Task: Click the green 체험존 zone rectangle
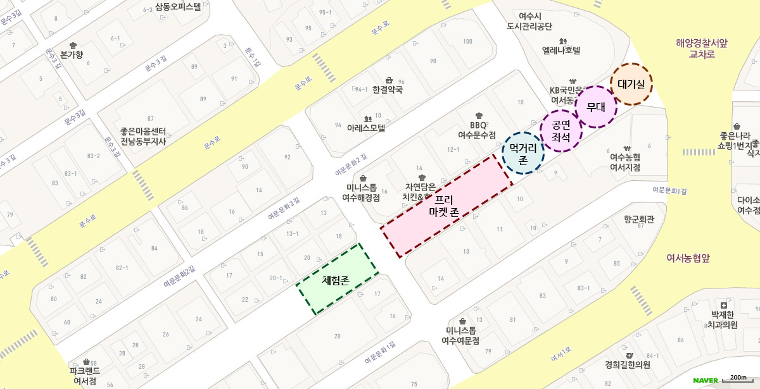(338, 279)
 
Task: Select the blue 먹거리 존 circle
(523, 153)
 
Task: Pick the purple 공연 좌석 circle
(561, 130)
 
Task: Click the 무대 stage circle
(596, 107)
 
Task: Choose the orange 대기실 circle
(631, 83)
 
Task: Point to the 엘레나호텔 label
(561, 50)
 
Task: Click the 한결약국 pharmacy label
(388, 90)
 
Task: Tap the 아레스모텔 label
(366, 127)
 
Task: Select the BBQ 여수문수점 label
(478, 130)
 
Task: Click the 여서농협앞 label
(688, 258)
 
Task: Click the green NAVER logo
(705, 380)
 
